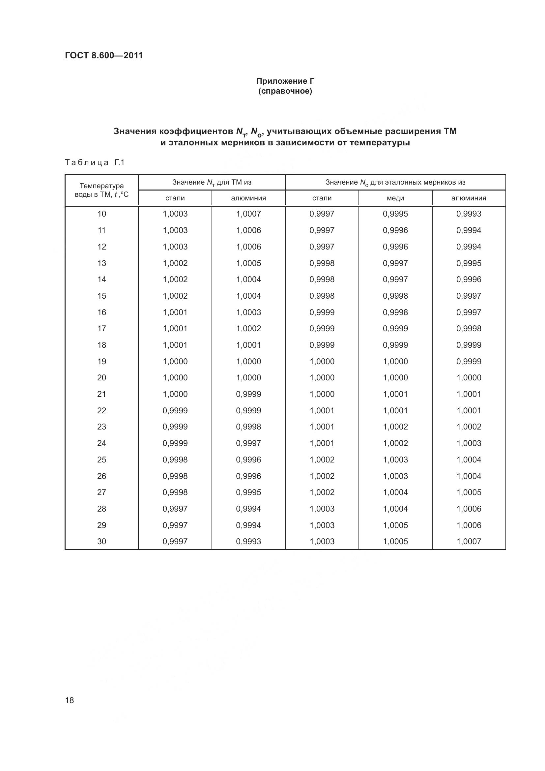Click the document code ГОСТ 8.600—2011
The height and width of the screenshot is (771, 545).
(104, 55)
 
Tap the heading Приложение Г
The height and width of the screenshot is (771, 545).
(285, 81)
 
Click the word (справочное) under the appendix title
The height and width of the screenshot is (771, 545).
(285, 91)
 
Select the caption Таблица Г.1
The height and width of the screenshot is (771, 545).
(95, 163)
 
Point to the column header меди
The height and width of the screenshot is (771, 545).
(395, 198)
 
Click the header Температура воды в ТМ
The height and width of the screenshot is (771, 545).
(101, 190)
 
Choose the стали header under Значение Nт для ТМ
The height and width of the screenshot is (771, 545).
(175, 198)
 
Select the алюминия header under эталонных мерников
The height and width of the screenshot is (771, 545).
(469, 198)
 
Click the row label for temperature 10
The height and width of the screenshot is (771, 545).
(102, 214)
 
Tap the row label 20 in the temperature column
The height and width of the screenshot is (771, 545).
(102, 378)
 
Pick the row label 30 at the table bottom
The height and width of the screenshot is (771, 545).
(102, 541)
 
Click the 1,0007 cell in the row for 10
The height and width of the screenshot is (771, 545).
(248, 214)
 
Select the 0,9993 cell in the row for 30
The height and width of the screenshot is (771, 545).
(248, 541)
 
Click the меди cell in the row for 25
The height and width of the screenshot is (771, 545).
(395, 460)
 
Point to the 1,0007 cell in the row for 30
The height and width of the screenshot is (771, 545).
(469, 541)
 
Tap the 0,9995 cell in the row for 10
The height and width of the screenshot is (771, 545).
(395, 214)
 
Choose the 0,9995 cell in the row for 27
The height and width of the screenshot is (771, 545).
(248, 492)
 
